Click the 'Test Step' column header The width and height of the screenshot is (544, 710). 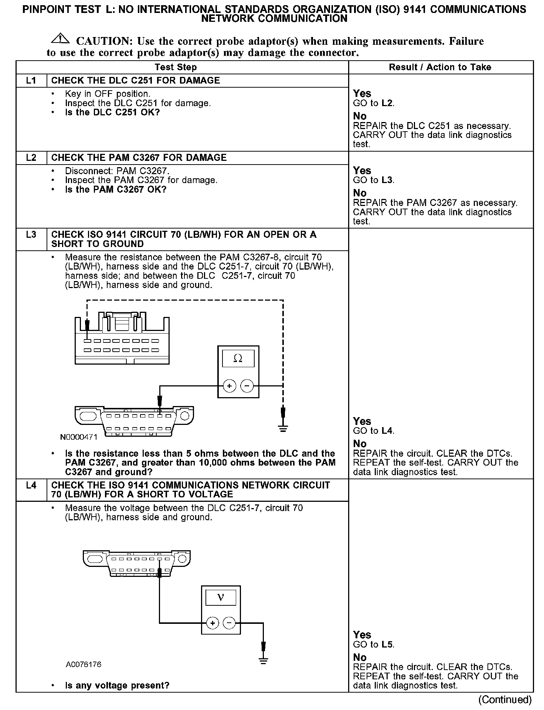pos(176,67)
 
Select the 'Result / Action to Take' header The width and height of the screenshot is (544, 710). pos(440,67)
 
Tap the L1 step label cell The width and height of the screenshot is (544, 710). pos(31,81)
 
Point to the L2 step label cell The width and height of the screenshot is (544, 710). pos(31,158)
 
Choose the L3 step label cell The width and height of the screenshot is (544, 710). pos(31,235)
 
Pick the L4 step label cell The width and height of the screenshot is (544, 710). pos(31,485)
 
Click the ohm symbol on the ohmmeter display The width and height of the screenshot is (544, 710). pos(238,358)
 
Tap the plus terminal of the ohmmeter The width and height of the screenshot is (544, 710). pos(229,386)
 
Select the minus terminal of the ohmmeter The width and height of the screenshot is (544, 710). pos(247,386)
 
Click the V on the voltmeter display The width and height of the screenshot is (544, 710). pos(221,598)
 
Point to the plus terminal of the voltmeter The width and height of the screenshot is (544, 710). pos(212,623)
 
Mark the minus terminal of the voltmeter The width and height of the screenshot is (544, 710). pos(229,623)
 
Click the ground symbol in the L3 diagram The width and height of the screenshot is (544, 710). pos(283,429)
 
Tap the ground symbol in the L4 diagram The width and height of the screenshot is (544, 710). pos(263,661)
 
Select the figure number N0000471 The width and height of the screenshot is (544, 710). pos(79,437)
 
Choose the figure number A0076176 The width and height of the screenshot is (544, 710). pos(84,664)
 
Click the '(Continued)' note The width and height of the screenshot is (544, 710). pos(505,700)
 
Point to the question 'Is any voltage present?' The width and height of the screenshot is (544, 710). pos(117,685)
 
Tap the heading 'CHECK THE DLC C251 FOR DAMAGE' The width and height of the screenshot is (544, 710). pos(135,81)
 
